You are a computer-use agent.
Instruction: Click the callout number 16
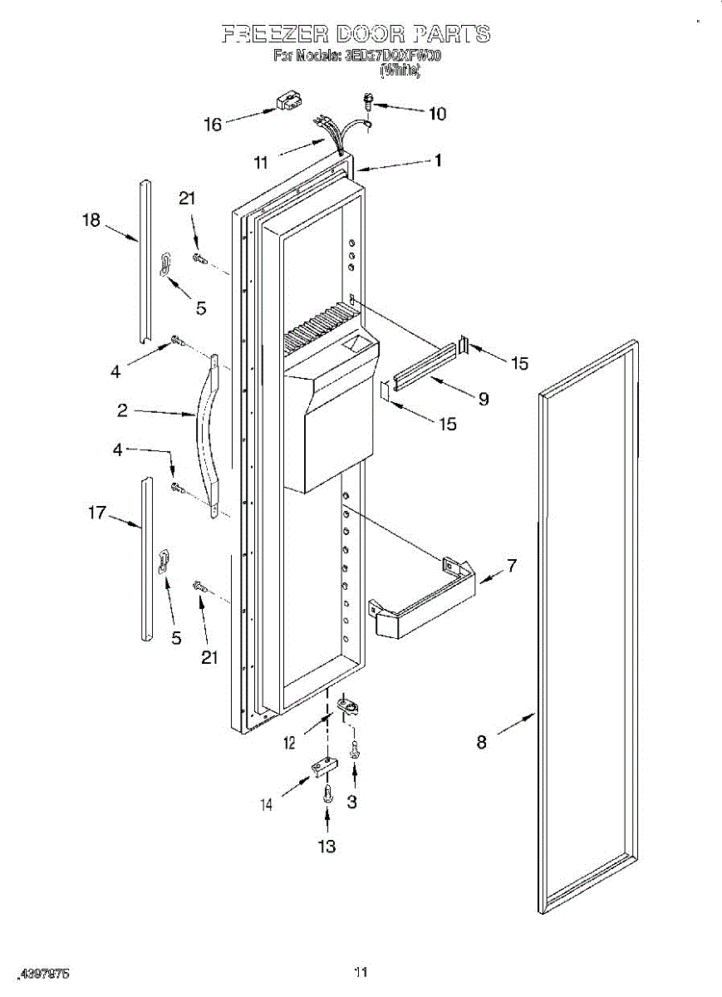(x=213, y=125)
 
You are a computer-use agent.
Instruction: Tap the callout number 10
(x=437, y=113)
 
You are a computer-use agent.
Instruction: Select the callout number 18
(x=91, y=220)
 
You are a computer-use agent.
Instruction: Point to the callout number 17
(x=97, y=513)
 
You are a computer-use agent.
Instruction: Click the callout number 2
(x=122, y=410)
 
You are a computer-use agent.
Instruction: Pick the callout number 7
(x=512, y=567)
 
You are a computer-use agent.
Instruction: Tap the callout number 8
(x=482, y=743)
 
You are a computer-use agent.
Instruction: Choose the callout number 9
(x=483, y=399)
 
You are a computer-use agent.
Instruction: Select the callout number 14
(x=266, y=804)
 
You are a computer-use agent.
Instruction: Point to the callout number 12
(x=289, y=743)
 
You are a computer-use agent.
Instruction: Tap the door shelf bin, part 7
(x=424, y=598)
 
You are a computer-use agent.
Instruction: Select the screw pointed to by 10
(x=366, y=102)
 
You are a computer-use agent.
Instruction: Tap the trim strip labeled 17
(x=146, y=558)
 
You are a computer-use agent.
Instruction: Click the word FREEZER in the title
(x=276, y=34)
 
